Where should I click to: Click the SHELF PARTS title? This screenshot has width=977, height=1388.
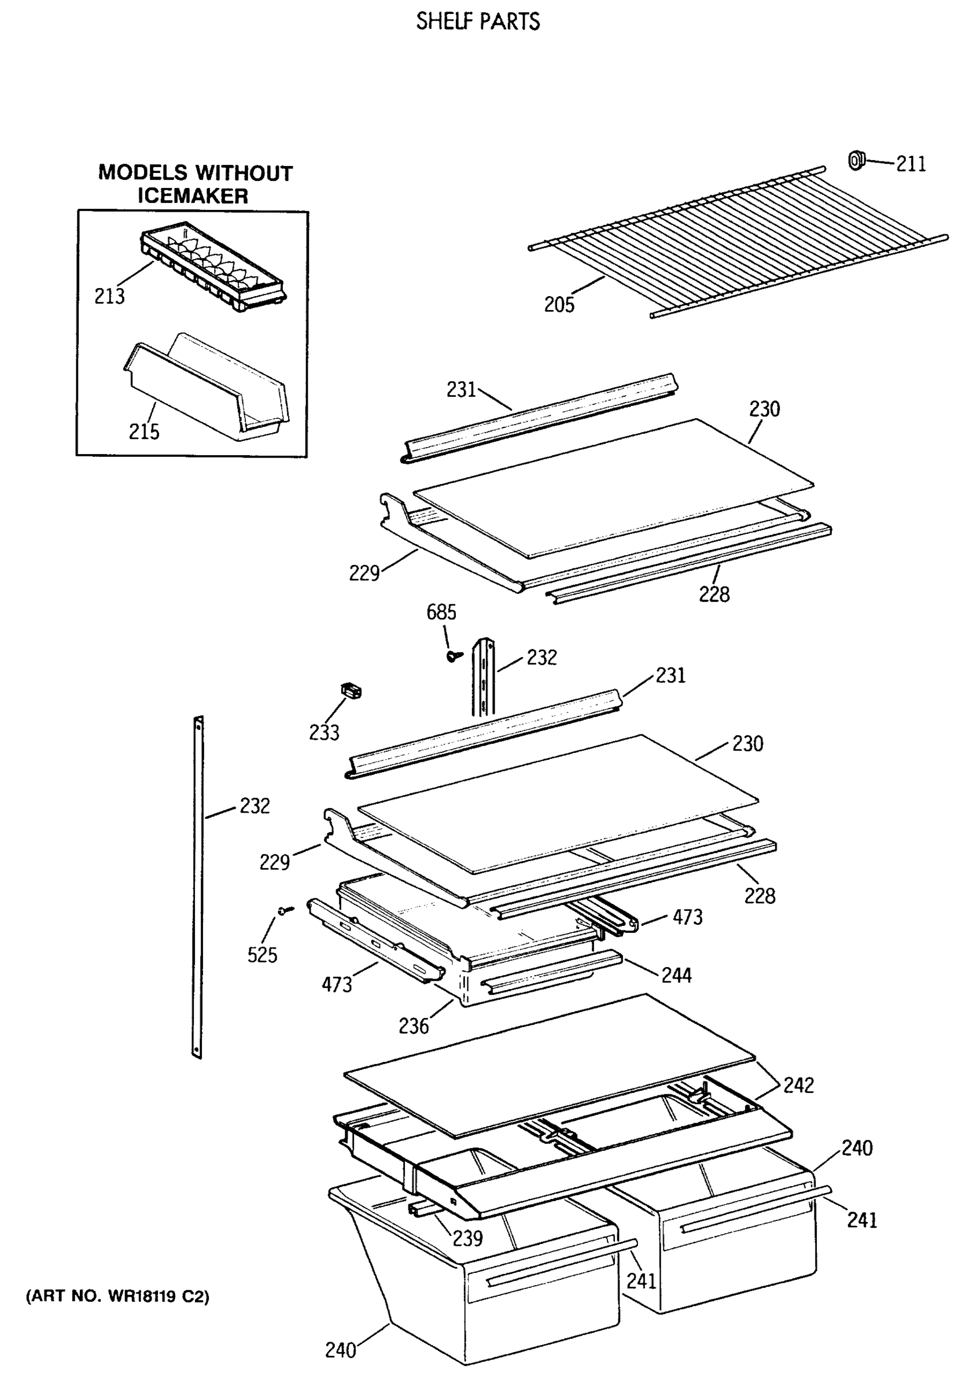[x=478, y=22]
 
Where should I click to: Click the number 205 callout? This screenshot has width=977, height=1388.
[x=559, y=305]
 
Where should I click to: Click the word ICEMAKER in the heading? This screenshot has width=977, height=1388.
[x=193, y=196]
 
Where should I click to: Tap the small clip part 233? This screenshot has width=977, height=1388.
[x=351, y=690]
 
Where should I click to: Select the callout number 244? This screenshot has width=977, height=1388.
[x=676, y=975]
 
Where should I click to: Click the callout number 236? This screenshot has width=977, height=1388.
[x=414, y=1026]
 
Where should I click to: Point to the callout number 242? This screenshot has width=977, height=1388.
[x=798, y=1085]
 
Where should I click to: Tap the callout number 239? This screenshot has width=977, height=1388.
[x=467, y=1238]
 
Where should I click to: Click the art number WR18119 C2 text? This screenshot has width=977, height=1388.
[x=117, y=1296]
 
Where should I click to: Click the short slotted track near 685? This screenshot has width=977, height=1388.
[x=484, y=677]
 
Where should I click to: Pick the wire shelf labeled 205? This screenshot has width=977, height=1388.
[x=738, y=242]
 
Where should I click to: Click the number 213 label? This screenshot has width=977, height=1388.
[x=109, y=296]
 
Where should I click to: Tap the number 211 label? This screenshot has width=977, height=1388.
[x=910, y=164]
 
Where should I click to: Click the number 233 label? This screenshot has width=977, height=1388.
[x=324, y=733]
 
